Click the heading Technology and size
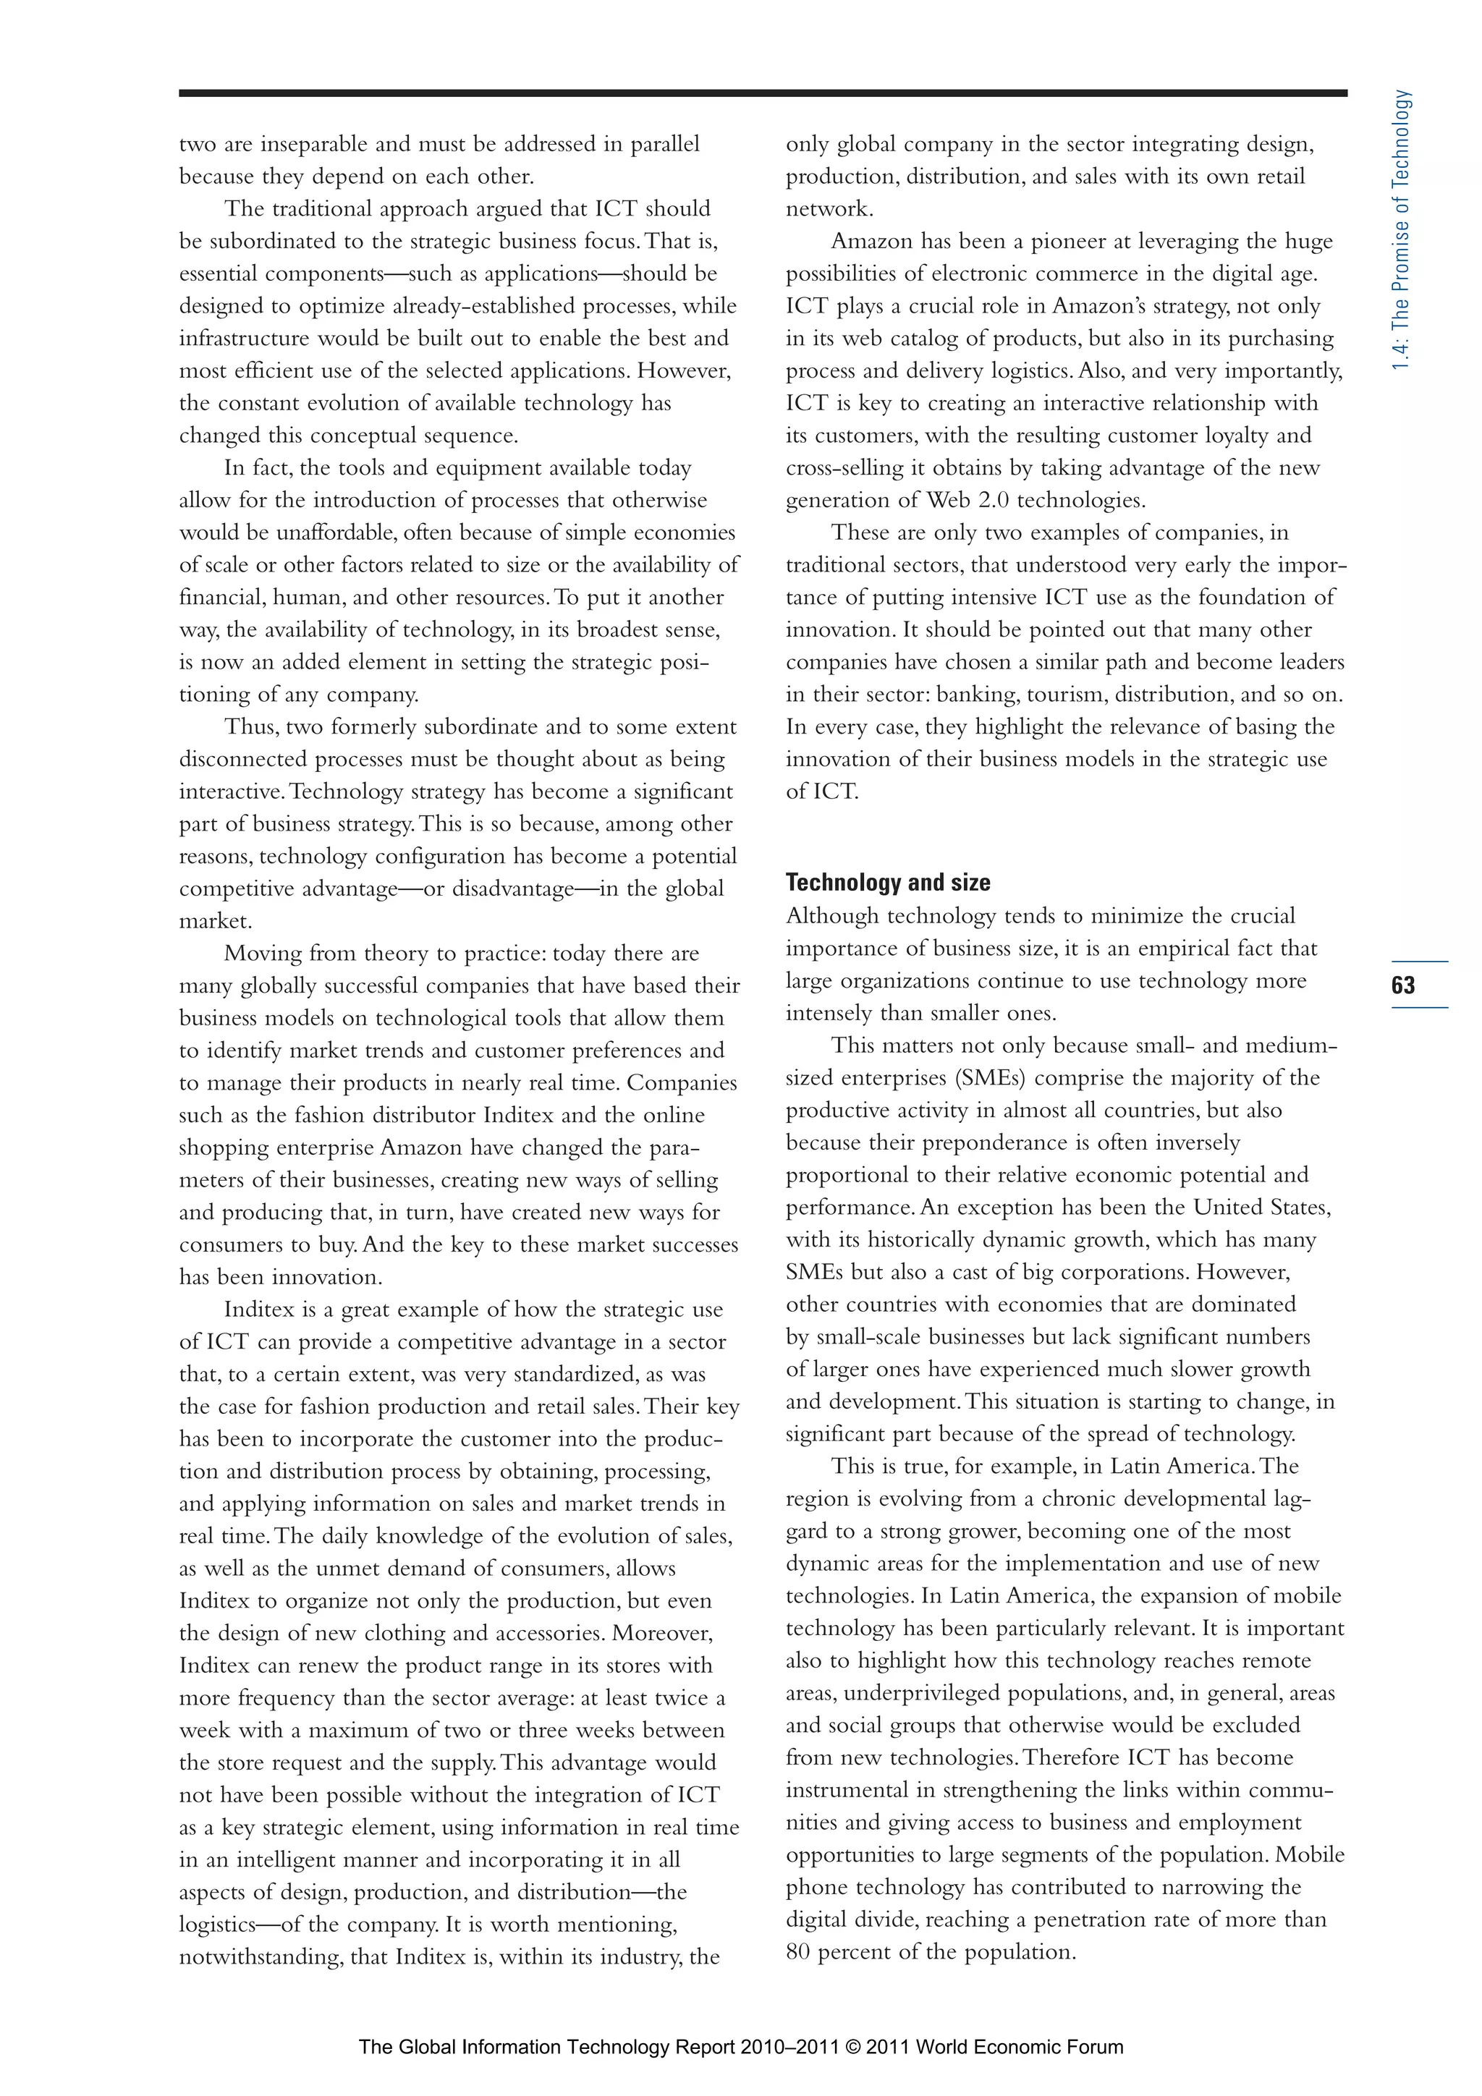888,883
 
